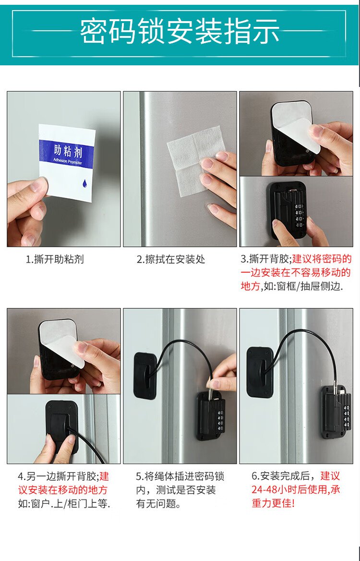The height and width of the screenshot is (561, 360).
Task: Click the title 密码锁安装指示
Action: [180, 32]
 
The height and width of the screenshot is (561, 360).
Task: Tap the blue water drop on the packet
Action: [85, 184]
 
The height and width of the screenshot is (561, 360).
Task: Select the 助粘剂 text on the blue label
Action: [68, 151]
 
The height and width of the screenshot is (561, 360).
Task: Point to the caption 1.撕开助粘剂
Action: [55, 259]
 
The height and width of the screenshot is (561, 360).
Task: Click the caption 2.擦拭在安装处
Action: [171, 259]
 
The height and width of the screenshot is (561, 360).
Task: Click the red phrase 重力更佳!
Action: [273, 503]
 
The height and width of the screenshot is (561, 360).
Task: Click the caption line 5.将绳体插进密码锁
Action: [180, 476]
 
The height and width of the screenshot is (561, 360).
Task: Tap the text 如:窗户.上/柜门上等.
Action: [64, 504]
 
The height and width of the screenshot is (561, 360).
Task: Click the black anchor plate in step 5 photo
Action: [145, 376]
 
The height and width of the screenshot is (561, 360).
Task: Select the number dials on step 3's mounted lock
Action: [299, 215]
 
